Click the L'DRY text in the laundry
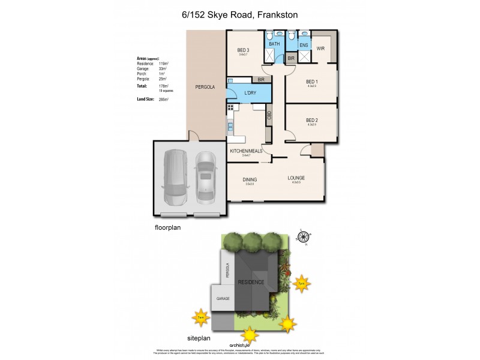[x=251, y=92]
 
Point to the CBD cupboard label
[x=269, y=115]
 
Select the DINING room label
[x=250, y=179]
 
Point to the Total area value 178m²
[x=163, y=86]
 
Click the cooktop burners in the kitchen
[x=229, y=108]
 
